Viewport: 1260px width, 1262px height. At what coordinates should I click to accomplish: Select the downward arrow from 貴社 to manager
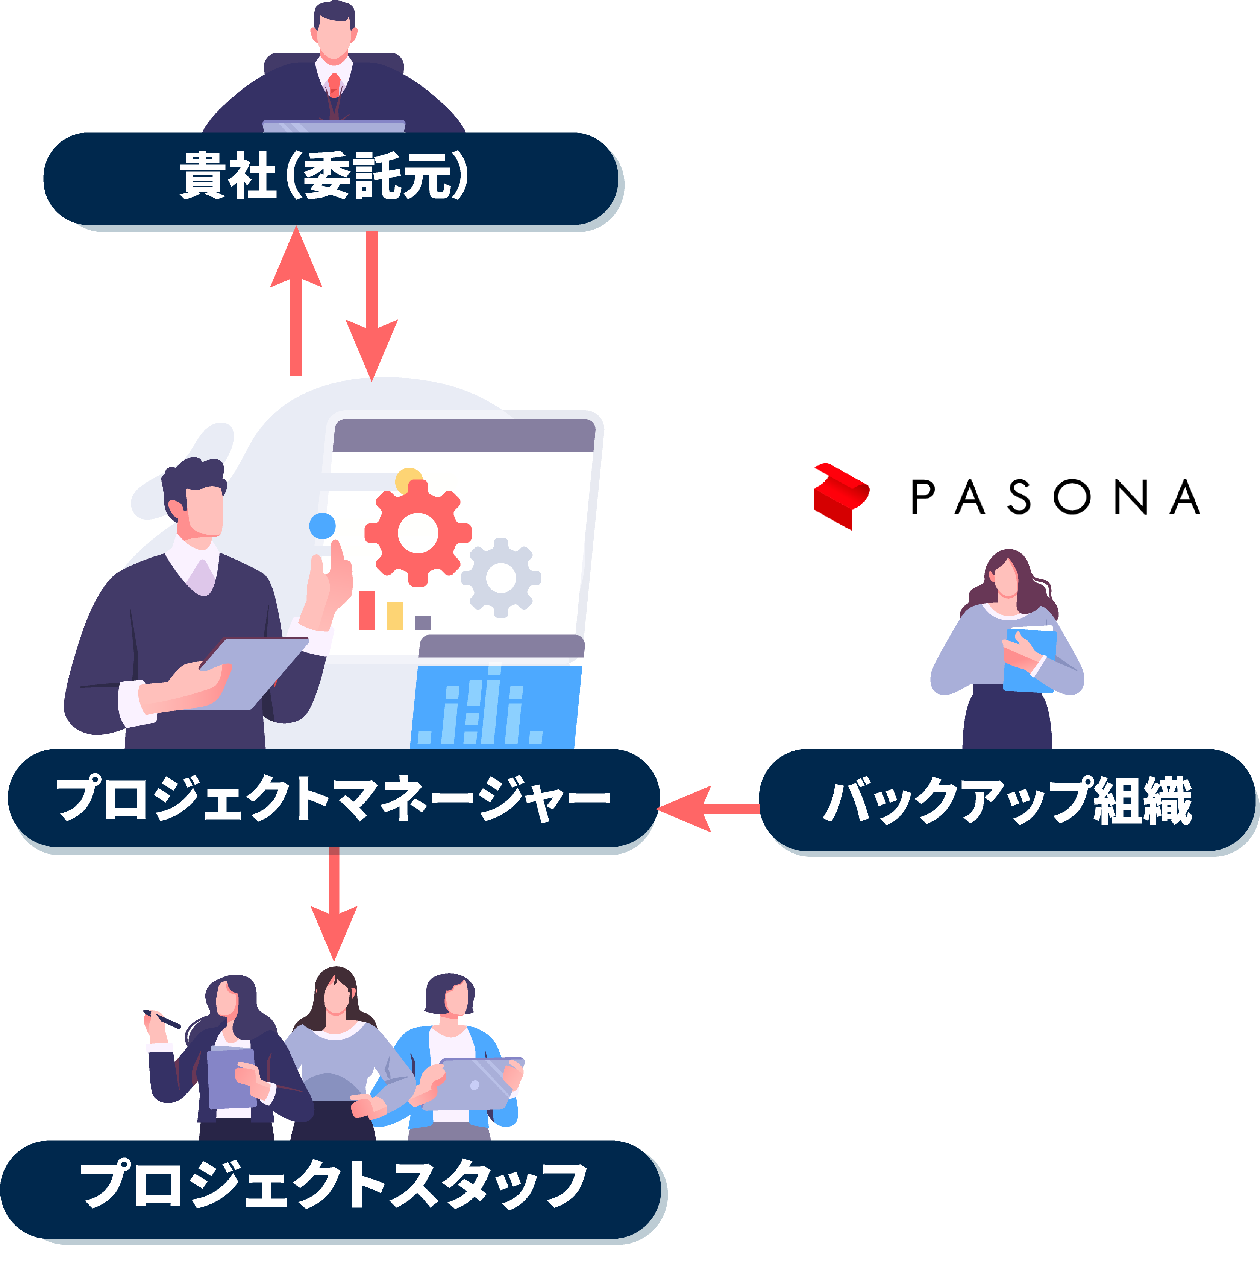371,307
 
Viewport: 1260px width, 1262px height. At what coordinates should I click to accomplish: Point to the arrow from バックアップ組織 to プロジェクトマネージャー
705,809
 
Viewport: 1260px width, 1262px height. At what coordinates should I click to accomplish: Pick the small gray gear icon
501,578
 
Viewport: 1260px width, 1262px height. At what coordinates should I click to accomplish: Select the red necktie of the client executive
334,85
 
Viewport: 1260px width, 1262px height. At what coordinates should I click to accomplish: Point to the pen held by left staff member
162,1019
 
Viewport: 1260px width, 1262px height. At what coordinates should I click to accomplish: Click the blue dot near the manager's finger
323,525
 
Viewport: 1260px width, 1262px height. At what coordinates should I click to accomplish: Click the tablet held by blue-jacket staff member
473,1084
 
